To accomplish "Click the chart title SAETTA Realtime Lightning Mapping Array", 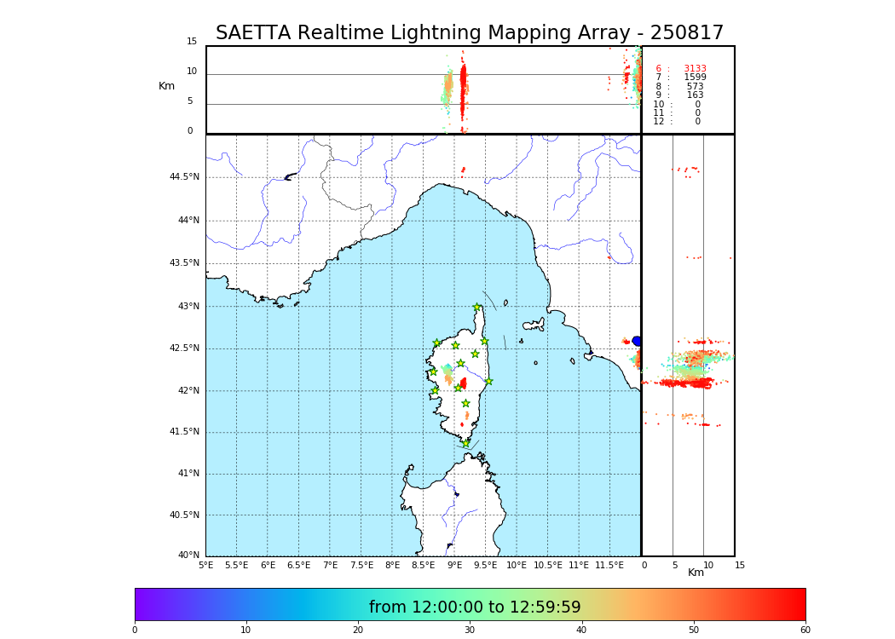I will point(469,33).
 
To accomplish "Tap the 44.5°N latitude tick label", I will point(184,177).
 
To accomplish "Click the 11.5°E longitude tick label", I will point(609,565).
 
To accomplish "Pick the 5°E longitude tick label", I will point(205,565).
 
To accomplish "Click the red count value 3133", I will point(695,69).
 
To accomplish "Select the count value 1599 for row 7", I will point(695,78).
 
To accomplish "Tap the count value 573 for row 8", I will point(695,87).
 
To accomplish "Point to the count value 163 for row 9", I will point(695,95).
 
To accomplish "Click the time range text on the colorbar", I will point(475,607).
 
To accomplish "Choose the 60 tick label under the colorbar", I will point(805,630).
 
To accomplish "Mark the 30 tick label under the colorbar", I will point(470,630).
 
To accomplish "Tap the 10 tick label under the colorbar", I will point(245,630).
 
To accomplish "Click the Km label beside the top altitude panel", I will point(166,86).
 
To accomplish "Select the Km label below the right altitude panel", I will point(696,573).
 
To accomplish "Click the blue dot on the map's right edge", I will point(637,341).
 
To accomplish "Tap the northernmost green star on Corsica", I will point(476,308).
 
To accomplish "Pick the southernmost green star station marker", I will point(465,443).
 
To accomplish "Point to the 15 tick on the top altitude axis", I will point(192,42).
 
